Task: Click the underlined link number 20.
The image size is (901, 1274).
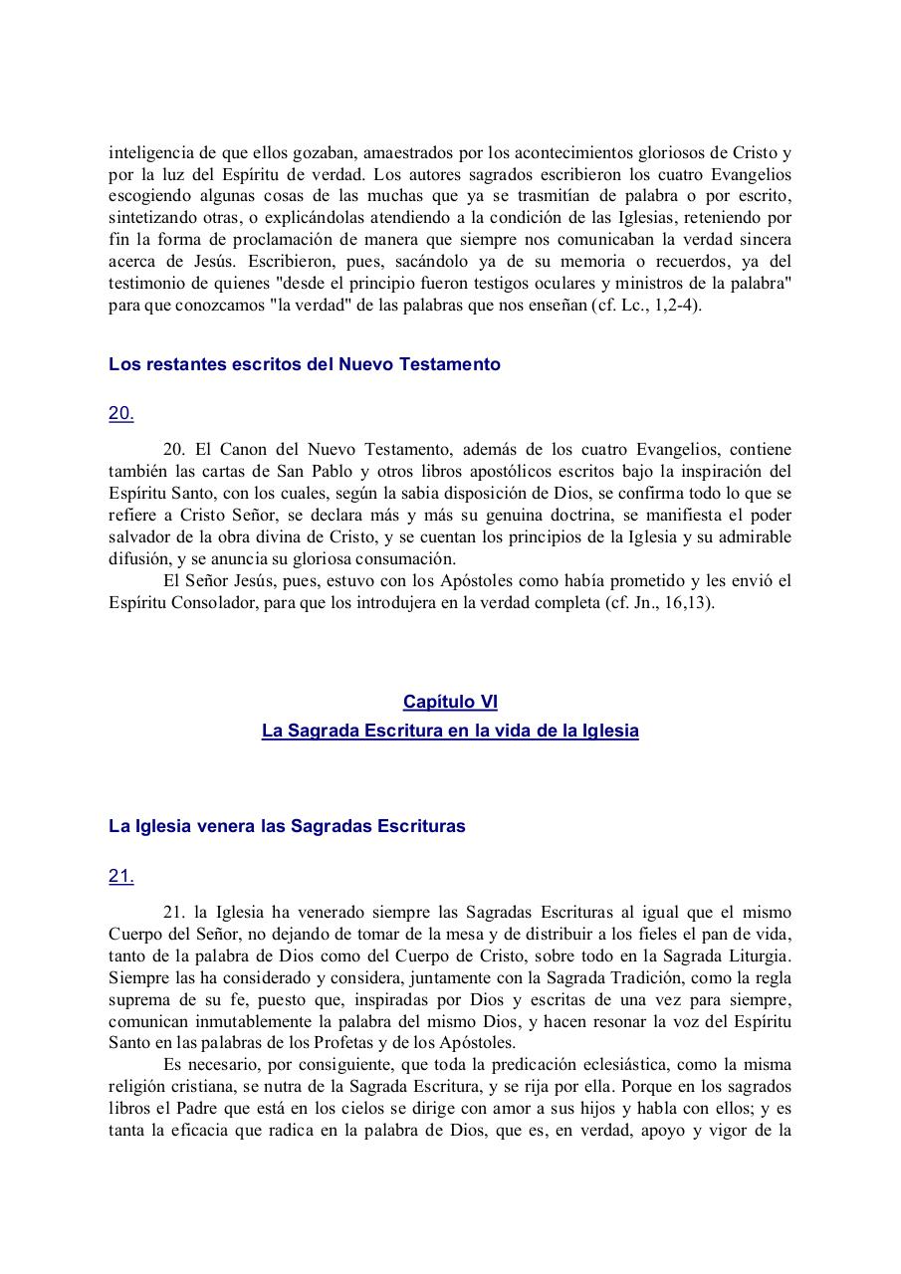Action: [x=120, y=414]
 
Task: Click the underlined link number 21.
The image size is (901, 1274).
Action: [x=120, y=876]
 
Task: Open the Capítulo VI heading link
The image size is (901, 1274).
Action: [x=450, y=702]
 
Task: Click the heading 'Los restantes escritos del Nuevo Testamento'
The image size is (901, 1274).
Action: [x=304, y=364]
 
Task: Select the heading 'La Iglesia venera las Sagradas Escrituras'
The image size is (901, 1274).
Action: [x=287, y=826]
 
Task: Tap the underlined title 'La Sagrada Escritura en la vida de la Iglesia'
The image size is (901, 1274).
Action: [x=450, y=731]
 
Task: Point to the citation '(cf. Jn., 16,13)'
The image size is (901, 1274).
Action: [x=660, y=604]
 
